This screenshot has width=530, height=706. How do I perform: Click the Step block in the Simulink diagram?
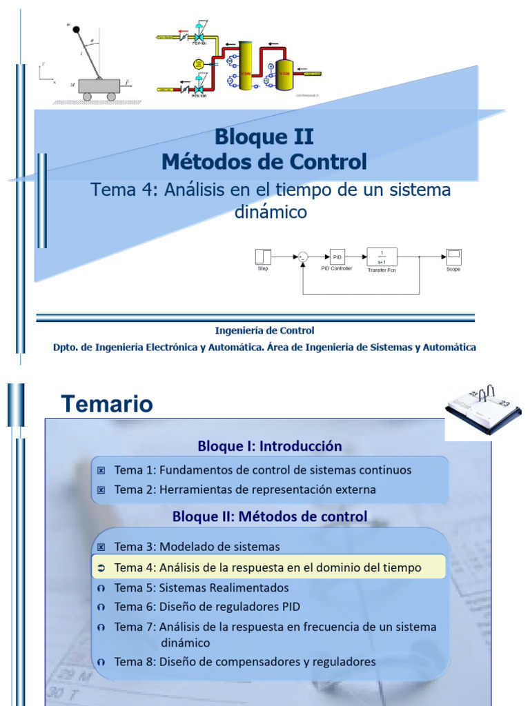(263, 256)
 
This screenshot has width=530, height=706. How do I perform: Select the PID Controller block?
(337, 256)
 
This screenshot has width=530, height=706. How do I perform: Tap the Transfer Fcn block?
(381, 256)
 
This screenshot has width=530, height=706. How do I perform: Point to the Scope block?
(453, 256)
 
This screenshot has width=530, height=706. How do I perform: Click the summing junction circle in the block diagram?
(302, 257)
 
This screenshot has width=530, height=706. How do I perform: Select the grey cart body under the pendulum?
(97, 86)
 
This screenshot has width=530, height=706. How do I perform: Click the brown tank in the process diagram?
(284, 73)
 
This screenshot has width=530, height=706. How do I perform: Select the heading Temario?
(106, 404)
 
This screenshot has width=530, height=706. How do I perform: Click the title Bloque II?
(264, 137)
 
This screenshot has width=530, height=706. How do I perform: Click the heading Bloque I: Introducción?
(269, 446)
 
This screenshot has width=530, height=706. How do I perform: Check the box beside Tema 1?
(101, 471)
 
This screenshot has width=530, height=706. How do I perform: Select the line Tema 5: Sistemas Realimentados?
(201, 588)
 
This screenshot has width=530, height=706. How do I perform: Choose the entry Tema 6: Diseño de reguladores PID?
(207, 607)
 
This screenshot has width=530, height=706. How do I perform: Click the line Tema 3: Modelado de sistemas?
(197, 547)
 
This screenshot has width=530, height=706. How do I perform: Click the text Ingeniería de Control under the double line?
(264, 331)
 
